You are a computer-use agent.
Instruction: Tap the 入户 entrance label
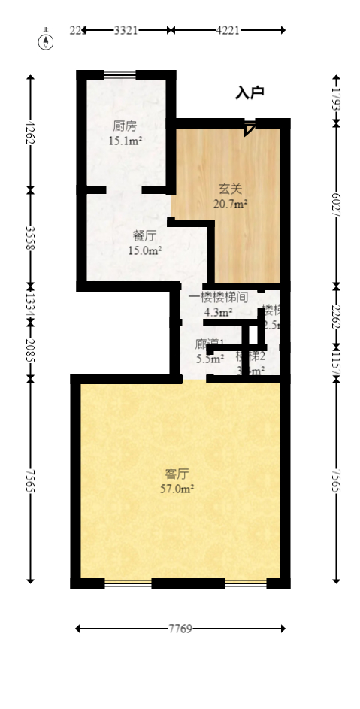pyautogui.click(x=250, y=93)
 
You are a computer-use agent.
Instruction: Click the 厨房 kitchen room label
pyautogui.click(x=125, y=126)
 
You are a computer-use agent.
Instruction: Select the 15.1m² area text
pyautogui.click(x=126, y=141)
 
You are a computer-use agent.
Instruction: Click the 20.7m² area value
pyautogui.click(x=231, y=203)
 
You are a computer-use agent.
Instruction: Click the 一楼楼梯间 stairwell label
pyautogui.click(x=218, y=297)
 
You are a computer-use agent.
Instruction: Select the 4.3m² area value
pyautogui.click(x=218, y=312)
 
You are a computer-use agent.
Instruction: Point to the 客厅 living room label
pyautogui.click(x=177, y=474)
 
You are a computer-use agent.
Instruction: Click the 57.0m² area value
pyautogui.click(x=177, y=489)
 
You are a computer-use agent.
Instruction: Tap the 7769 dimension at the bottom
pyautogui.click(x=180, y=629)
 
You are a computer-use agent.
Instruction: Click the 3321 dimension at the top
pyautogui.click(x=126, y=30)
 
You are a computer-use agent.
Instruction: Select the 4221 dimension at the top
pyautogui.click(x=228, y=30)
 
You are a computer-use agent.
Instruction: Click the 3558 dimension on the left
pyautogui.click(x=30, y=237)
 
